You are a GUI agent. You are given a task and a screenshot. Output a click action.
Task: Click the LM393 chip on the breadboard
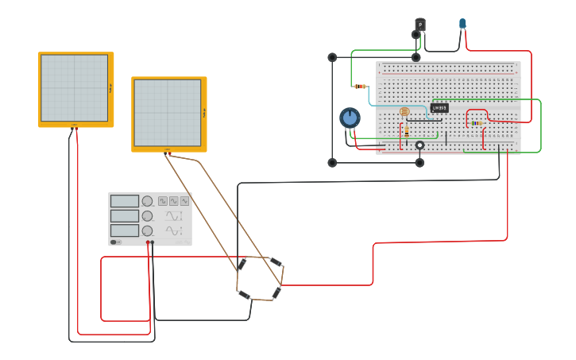439,108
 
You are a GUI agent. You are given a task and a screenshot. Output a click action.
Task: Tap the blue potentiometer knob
350,118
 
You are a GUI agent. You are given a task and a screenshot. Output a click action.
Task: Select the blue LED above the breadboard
462,24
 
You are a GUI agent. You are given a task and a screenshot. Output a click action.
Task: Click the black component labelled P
420,25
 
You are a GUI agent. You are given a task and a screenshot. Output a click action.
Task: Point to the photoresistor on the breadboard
404,113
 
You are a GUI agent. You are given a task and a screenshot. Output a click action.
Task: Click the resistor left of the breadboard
360,86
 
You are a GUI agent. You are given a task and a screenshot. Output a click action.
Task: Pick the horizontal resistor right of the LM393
476,123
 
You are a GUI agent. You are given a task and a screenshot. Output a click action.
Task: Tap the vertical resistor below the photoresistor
407,130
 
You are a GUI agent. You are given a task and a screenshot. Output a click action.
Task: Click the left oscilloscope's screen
74,87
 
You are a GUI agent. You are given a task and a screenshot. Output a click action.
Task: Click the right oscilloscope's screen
167,112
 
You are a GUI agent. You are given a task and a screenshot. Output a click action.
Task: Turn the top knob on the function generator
147,202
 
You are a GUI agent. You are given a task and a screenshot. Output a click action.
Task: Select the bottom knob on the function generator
147,230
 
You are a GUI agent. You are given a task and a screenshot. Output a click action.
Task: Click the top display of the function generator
125,202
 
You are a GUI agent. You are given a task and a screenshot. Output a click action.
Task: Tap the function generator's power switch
114,242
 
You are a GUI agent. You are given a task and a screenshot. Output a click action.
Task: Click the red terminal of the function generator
148,242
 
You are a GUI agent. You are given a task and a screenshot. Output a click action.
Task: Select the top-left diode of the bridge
242,263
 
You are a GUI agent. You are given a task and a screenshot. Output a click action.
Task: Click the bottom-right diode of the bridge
276,294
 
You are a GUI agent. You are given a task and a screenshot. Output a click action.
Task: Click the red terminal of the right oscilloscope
169,153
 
